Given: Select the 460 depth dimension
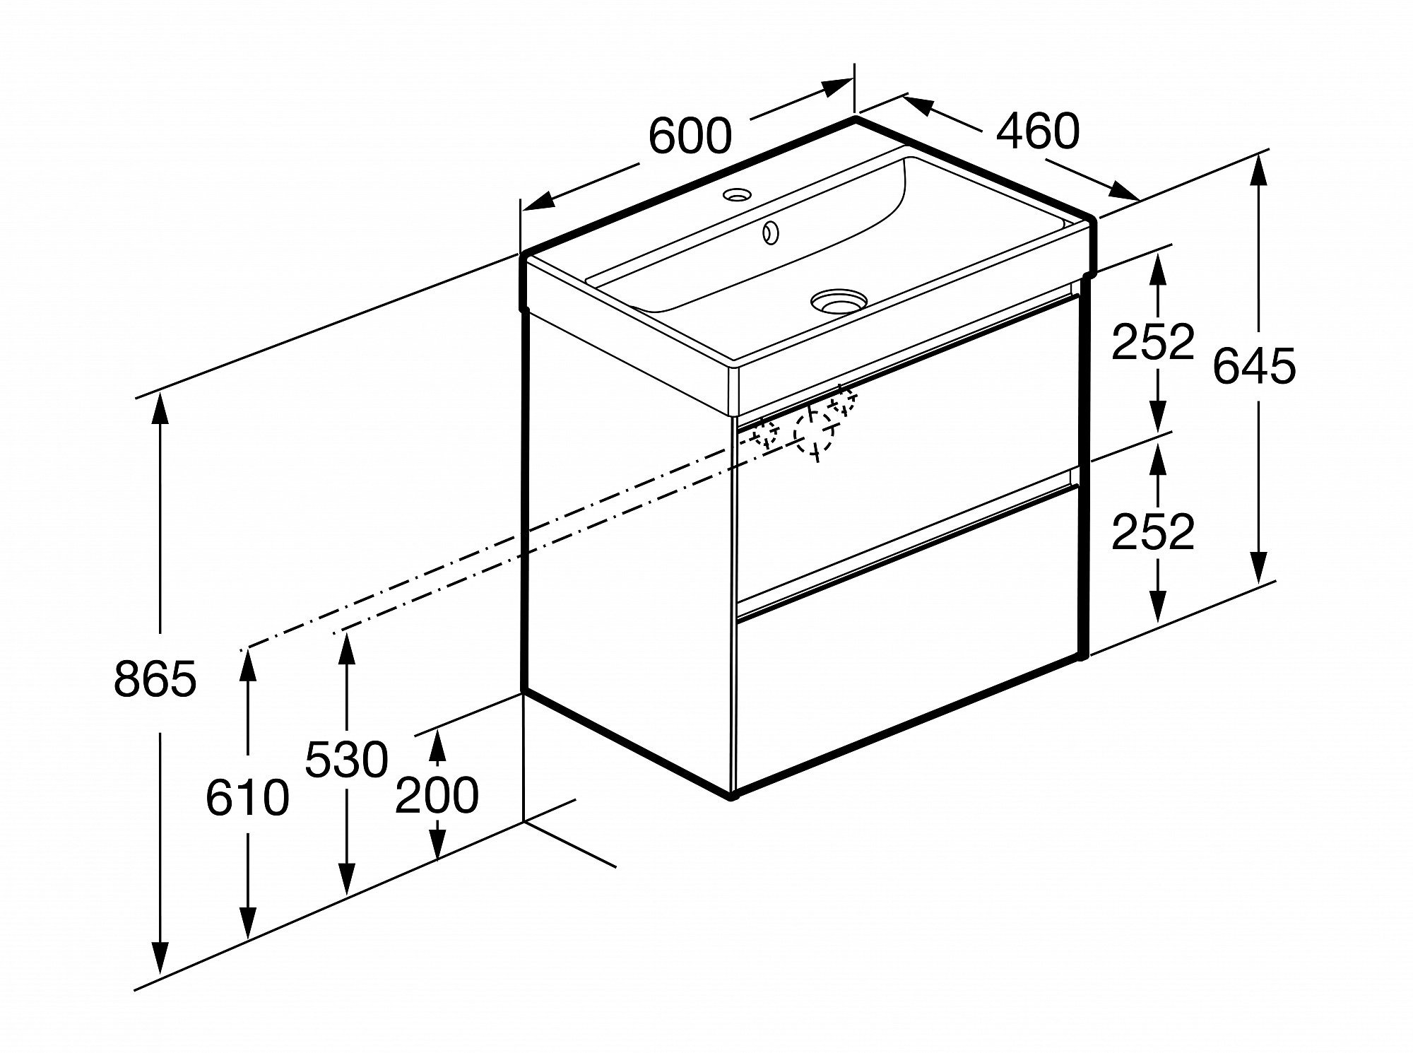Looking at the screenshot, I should (x=1038, y=131).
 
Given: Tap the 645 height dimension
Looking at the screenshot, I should (x=1254, y=366).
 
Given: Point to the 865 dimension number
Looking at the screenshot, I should (x=155, y=680).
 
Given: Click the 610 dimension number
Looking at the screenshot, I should (x=247, y=798).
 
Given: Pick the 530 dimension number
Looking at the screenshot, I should (x=346, y=760).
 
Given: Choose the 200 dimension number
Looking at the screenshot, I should (x=437, y=795).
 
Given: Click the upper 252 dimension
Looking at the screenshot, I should (x=1153, y=341).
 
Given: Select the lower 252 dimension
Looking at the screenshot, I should (x=1153, y=531).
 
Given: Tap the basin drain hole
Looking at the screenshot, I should (x=839, y=300).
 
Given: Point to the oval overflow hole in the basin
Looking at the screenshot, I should (x=770, y=233).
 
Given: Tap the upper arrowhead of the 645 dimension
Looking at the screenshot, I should (x=1256, y=170).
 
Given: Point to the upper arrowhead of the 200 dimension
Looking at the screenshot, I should (x=437, y=743).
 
